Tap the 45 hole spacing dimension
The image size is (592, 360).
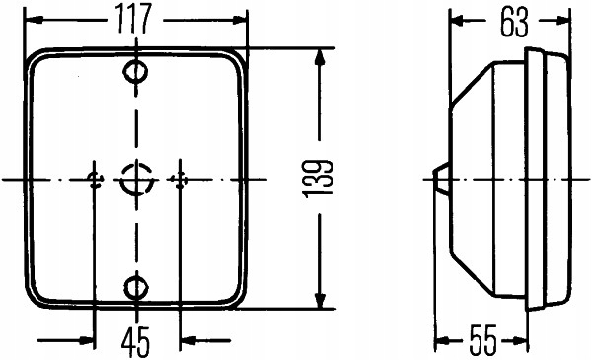click(x=135, y=341)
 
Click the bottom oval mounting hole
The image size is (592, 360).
click(x=136, y=287)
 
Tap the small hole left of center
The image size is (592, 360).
click(x=95, y=179)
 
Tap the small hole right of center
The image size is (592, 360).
click(x=179, y=179)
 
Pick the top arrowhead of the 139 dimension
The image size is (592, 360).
click(x=320, y=57)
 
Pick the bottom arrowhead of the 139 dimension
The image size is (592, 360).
click(x=320, y=302)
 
